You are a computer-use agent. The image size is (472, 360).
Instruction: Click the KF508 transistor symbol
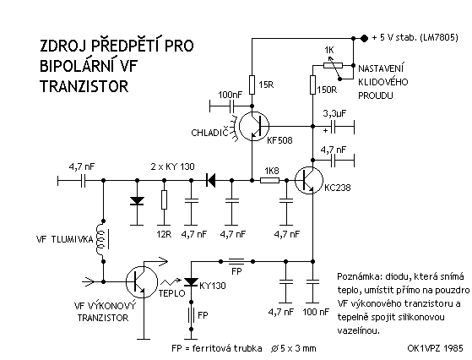click(254, 126)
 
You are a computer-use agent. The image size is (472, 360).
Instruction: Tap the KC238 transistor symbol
click(309, 180)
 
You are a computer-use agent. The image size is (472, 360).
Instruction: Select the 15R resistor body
click(252, 85)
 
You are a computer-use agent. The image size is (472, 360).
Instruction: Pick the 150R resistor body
click(312, 85)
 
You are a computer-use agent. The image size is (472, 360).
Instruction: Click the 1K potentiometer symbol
click(333, 65)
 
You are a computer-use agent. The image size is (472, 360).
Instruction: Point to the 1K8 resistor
click(269, 181)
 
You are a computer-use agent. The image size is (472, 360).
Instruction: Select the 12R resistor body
click(164, 199)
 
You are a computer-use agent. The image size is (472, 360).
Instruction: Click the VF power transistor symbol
click(142, 282)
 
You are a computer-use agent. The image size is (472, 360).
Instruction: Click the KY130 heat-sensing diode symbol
click(191, 282)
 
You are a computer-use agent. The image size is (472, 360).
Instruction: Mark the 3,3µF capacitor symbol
click(333, 126)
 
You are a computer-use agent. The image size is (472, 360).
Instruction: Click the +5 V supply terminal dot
click(364, 38)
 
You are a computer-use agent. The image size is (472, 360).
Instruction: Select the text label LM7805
click(440, 38)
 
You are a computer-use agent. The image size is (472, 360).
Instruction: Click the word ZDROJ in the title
click(62, 46)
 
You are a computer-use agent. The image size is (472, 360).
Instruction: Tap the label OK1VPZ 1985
click(435, 348)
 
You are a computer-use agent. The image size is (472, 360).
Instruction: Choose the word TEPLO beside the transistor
click(172, 293)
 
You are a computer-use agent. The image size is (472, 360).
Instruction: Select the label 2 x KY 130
click(172, 166)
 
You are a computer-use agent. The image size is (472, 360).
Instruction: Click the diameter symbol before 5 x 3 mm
click(274, 348)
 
